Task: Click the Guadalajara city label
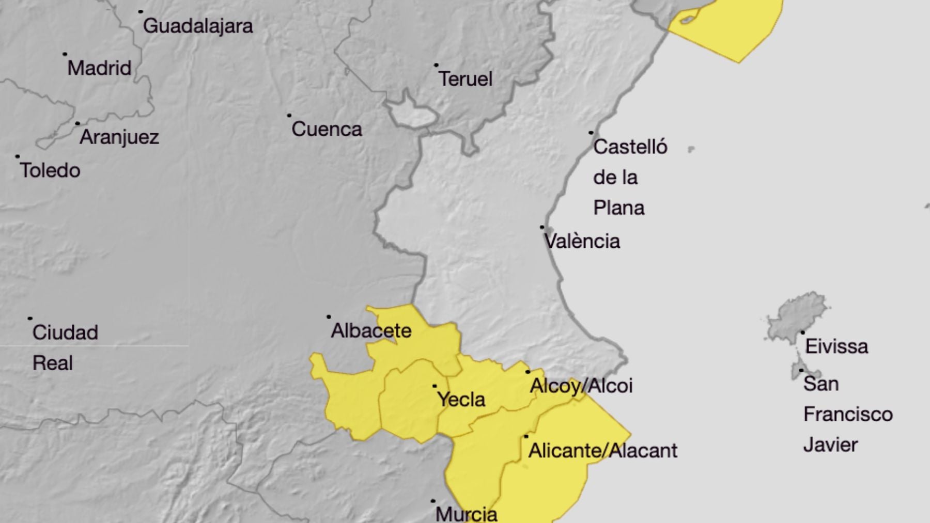coord(198,26)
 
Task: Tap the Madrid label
coord(99,68)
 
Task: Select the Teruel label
coord(466,79)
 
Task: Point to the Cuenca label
coord(327,129)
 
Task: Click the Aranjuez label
coord(119,137)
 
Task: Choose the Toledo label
coord(50,170)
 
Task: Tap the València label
coord(582,242)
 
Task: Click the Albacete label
coord(371,330)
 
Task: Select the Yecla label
coord(461,399)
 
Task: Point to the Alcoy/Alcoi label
coord(581,386)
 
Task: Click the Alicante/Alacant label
coord(602,451)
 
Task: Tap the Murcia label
coord(466,514)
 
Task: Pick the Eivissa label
coord(836,346)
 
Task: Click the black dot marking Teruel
coord(436,66)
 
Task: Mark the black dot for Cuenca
coord(289,116)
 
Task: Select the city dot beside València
coord(542,227)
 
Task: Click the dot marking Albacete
coord(329,317)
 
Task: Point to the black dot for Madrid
coord(65,54)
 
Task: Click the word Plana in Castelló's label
coord(619,208)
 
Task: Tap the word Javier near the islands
coord(830,445)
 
